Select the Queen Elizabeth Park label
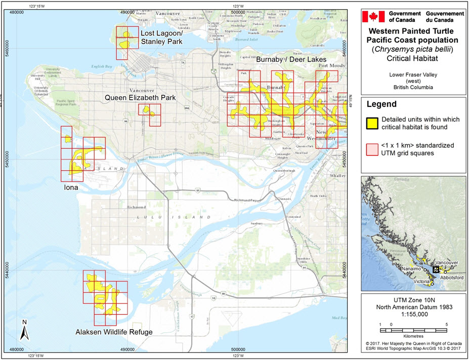point(140,97)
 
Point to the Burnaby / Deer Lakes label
point(291,60)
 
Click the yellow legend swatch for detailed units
point(372,123)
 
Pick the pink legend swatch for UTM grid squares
point(372,149)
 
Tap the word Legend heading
point(381,104)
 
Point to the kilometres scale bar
point(412,330)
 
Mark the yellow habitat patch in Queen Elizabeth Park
point(147,110)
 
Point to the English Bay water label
point(102,66)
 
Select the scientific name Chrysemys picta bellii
point(412,49)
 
